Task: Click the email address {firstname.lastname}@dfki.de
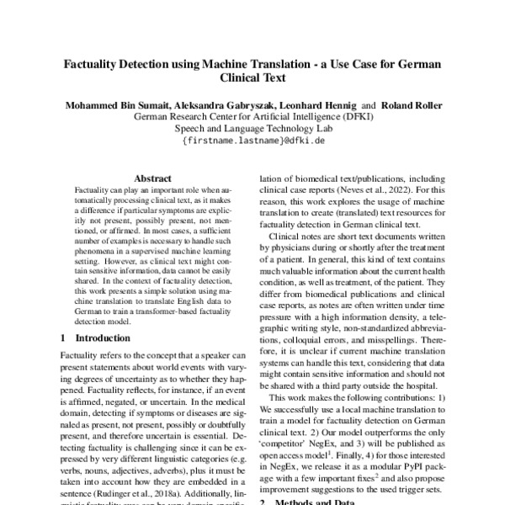click(x=253, y=141)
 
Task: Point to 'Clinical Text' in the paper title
click(x=253, y=79)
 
